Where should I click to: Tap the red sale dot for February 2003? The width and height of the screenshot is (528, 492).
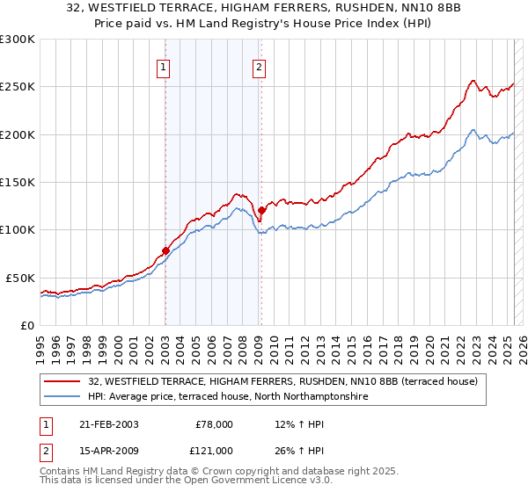(x=165, y=251)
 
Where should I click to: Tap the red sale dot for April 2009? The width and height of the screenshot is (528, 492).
(x=261, y=210)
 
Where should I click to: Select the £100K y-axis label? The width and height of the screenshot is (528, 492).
(x=18, y=230)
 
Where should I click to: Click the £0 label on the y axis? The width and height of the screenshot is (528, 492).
(x=26, y=325)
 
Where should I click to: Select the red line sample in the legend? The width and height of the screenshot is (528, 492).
(x=63, y=382)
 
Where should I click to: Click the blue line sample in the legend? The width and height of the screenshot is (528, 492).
(x=63, y=397)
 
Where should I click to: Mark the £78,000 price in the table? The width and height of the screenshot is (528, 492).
(x=212, y=424)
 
